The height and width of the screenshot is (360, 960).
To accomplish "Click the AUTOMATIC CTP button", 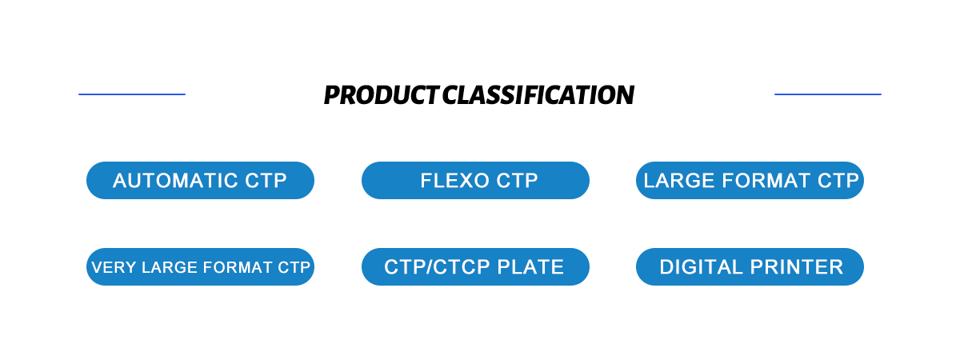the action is (x=200, y=181).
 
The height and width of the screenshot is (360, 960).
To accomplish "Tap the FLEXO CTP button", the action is (x=475, y=181).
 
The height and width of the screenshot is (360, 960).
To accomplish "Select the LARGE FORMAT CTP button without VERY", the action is (x=750, y=181).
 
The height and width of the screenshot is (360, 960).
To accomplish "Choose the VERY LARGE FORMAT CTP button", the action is (x=200, y=267).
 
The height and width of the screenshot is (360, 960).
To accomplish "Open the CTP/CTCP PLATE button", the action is (x=475, y=267).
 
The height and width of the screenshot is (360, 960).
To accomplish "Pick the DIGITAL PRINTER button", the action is (x=750, y=267).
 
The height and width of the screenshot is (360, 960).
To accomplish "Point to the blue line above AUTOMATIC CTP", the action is (x=132, y=94).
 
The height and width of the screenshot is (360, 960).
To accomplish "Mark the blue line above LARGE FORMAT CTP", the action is (x=828, y=94).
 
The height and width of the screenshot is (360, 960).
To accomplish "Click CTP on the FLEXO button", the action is (x=517, y=181).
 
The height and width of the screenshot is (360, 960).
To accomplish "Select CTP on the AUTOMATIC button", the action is (x=266, y=181).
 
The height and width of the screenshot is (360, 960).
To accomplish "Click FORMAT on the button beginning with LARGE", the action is (x=758, y=181).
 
